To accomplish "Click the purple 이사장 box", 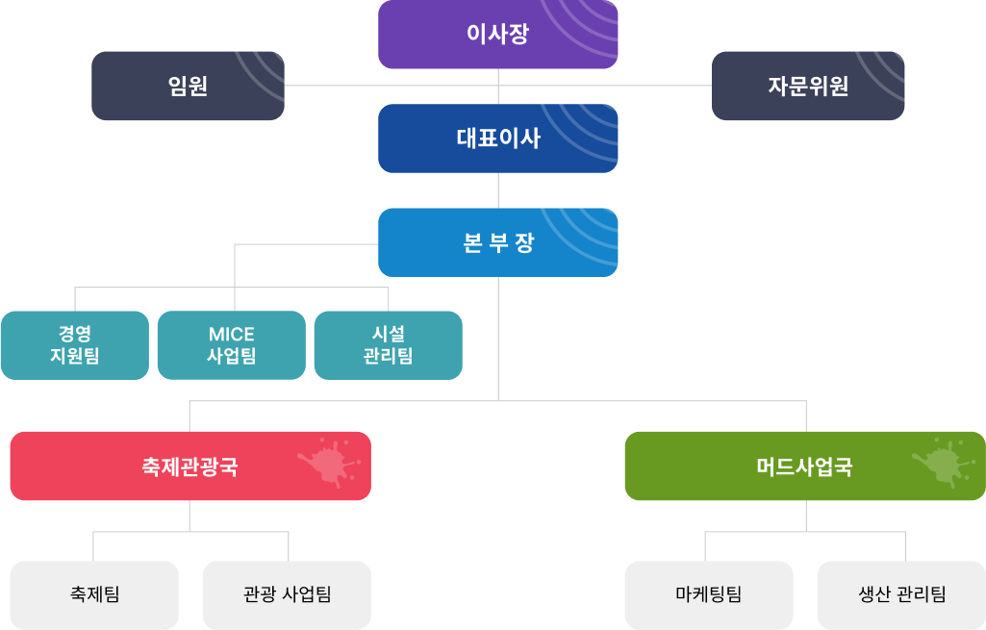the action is pyautogui.click(x=497, y=34).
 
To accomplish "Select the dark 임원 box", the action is pyautogui.click(x=188, y=86).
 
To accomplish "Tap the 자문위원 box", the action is pyautogui.click(x=808, y=86).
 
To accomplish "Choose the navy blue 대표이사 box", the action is pyautogui.click(x=497, y=139).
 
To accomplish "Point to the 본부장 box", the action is pyautogui.click(x=497, y=242).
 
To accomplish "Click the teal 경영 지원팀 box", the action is pyautogui.click(x=75, y=345).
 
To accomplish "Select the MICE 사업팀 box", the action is pyautogui.click(x=232, y=345).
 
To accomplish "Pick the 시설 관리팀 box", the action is pyautogui.click(x=388, y=345).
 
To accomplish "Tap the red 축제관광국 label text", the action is pyautogui.click(x=190, y=466).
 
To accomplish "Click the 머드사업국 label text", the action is pyautogui.click(x=804, y=466).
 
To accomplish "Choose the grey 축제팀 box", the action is pyautogui.click(x=94, y=594).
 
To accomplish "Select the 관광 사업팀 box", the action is pyautogui.click(x=287, y=594).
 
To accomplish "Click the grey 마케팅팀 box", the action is pyautogui.click(x=709, y=594).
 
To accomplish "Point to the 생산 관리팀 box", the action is pyautogui.click(x=901, y=594).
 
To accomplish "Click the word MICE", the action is pyautogui.click(x=232, y=334).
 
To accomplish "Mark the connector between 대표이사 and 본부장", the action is pyautogui.click(x=498, y=190).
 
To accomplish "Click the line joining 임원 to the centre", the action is pyautogui.click(x=392, y=85).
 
